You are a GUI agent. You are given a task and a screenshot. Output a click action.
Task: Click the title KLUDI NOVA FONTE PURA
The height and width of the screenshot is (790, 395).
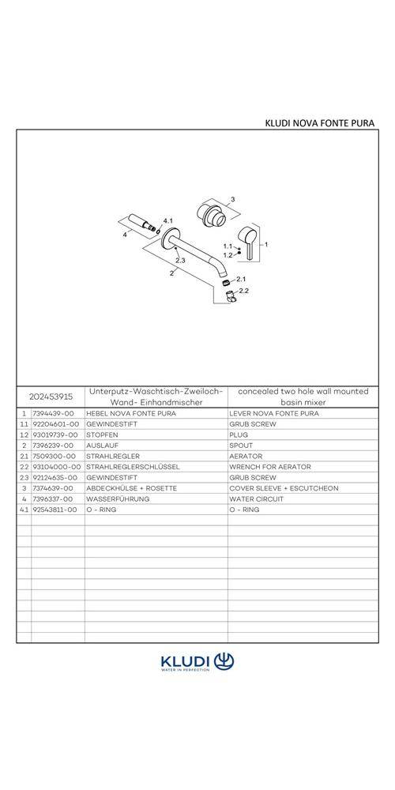tap(319, 122)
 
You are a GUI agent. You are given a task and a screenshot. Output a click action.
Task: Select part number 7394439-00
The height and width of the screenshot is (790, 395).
tap(54, 413)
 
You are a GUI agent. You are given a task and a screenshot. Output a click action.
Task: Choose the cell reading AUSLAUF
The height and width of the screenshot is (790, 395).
tap(103, 446)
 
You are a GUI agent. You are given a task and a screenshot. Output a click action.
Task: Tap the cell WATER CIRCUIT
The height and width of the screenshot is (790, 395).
tap(258, 499)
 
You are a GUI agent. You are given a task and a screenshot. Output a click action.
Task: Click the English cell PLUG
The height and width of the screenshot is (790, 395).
tap(239, 434)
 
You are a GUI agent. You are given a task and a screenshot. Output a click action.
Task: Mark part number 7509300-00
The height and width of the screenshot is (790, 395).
tap(54, 456)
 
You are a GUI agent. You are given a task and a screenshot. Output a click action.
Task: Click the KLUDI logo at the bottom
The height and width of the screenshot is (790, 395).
tap(197, 662)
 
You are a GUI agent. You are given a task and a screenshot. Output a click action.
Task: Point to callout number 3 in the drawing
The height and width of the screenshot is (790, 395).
tap(233, 199)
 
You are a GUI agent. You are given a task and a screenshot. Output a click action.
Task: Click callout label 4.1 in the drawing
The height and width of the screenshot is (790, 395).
tap(167, 220)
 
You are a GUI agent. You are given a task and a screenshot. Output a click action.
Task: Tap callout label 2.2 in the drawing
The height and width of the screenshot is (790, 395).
tap(243, 292)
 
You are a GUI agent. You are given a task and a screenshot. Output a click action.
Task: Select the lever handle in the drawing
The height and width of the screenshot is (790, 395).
tap(250, 239)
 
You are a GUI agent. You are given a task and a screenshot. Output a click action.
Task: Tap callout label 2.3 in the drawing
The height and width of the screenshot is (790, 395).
tap(180, 259)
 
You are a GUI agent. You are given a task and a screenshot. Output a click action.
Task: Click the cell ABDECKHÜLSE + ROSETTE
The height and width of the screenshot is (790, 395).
tap(131, 488)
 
